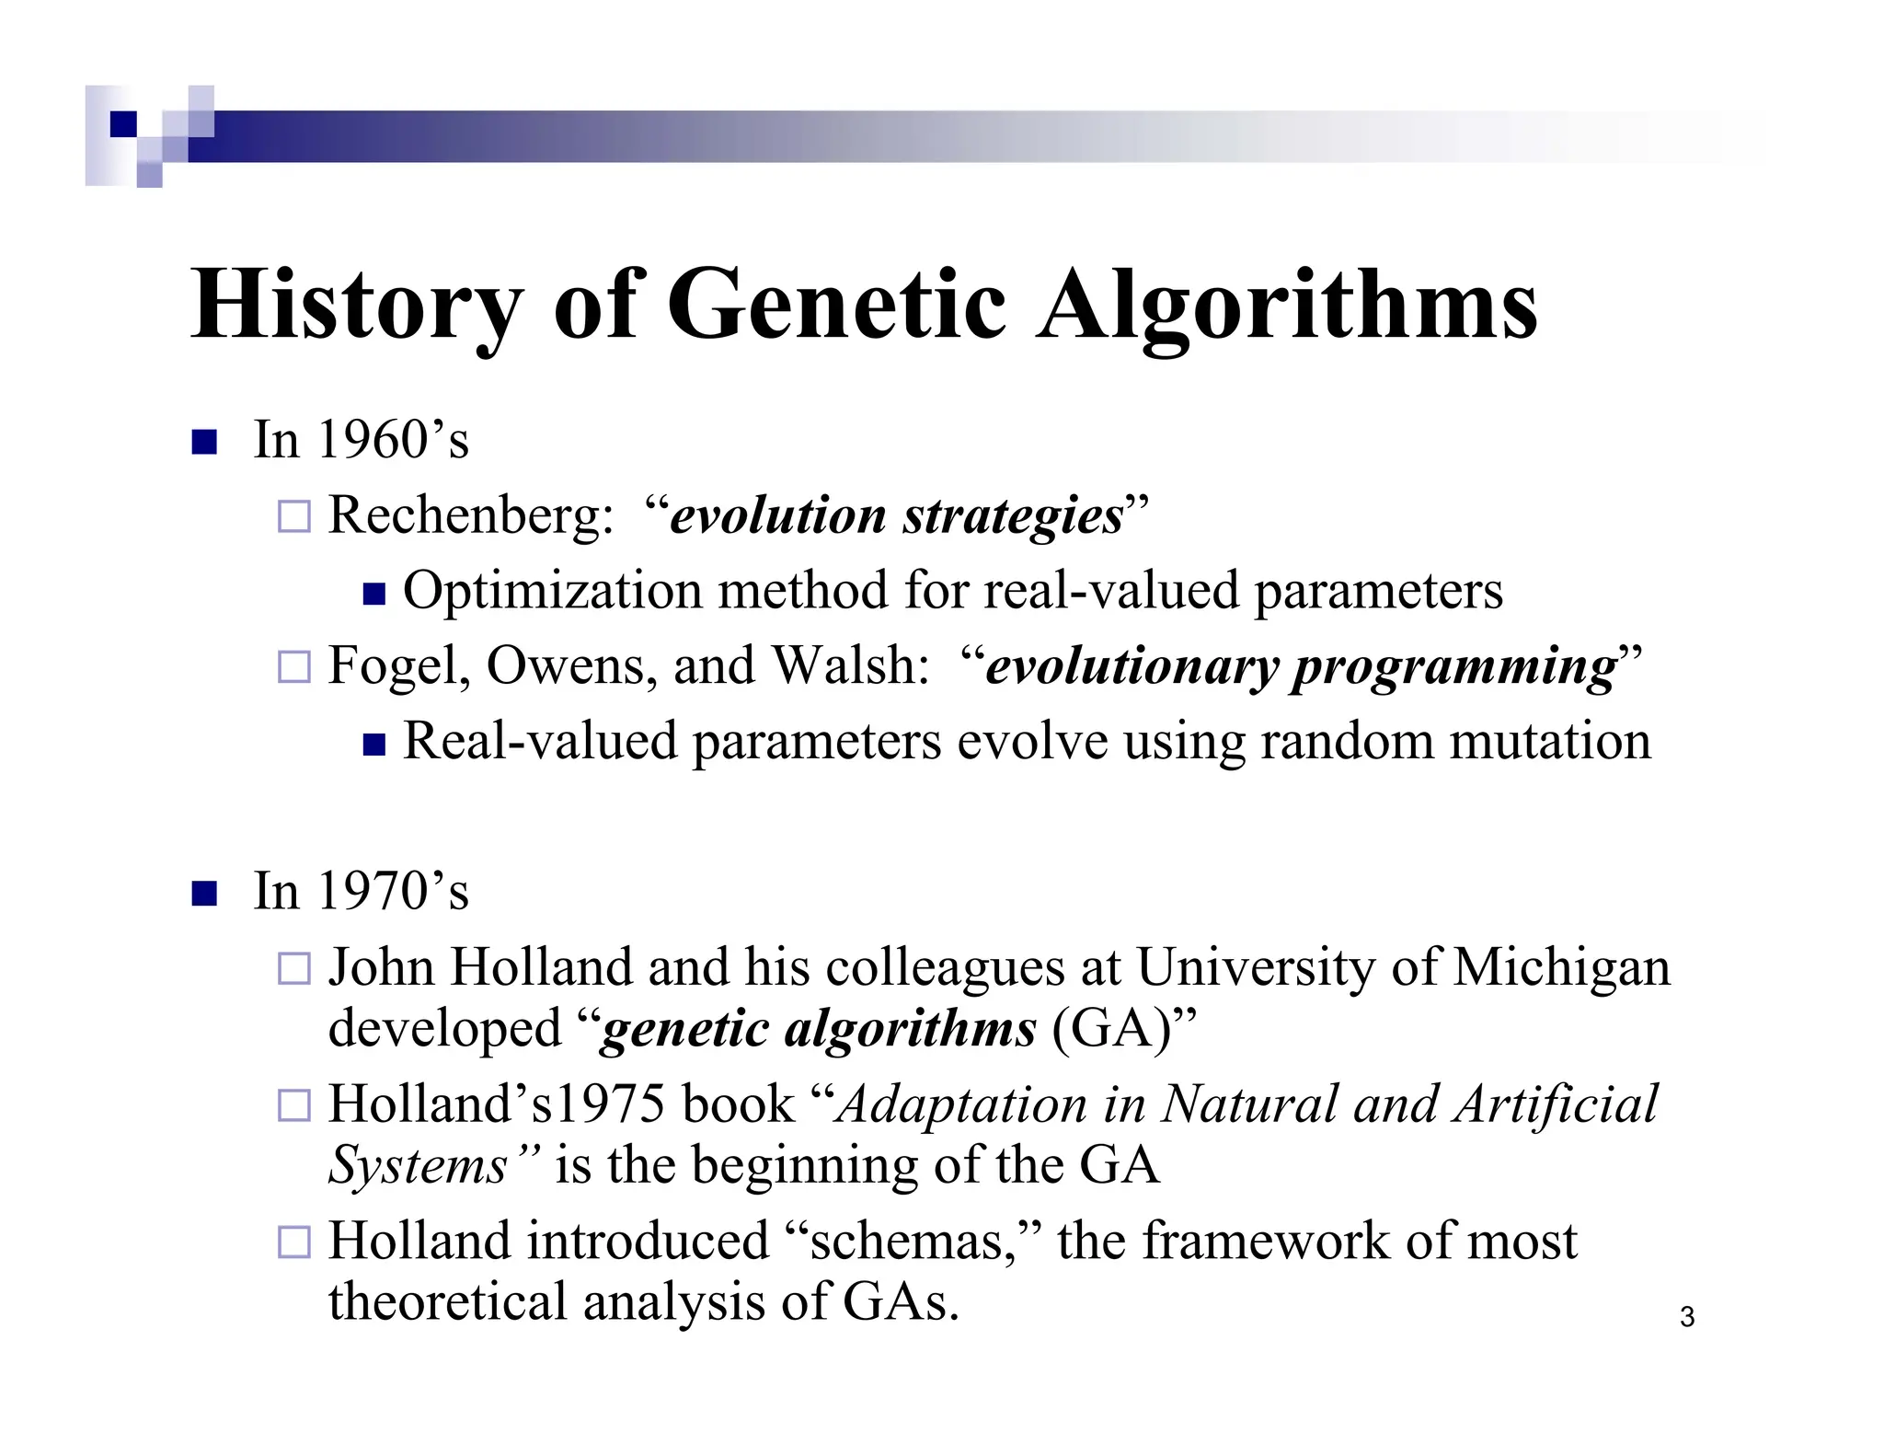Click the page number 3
point(1687,1317)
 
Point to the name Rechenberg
point(464,514)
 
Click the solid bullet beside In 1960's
point(203,443)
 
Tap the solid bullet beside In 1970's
point(203,894)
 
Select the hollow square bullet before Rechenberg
point(294,516)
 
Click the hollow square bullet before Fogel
point(294,666)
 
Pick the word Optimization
point(553,590)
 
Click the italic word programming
point(1453,667)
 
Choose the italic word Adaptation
point(962,1104)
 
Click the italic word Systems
point(419,1166)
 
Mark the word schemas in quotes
point(905,1242)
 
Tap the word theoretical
point(447,1302)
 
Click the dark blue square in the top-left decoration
point(123,124)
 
